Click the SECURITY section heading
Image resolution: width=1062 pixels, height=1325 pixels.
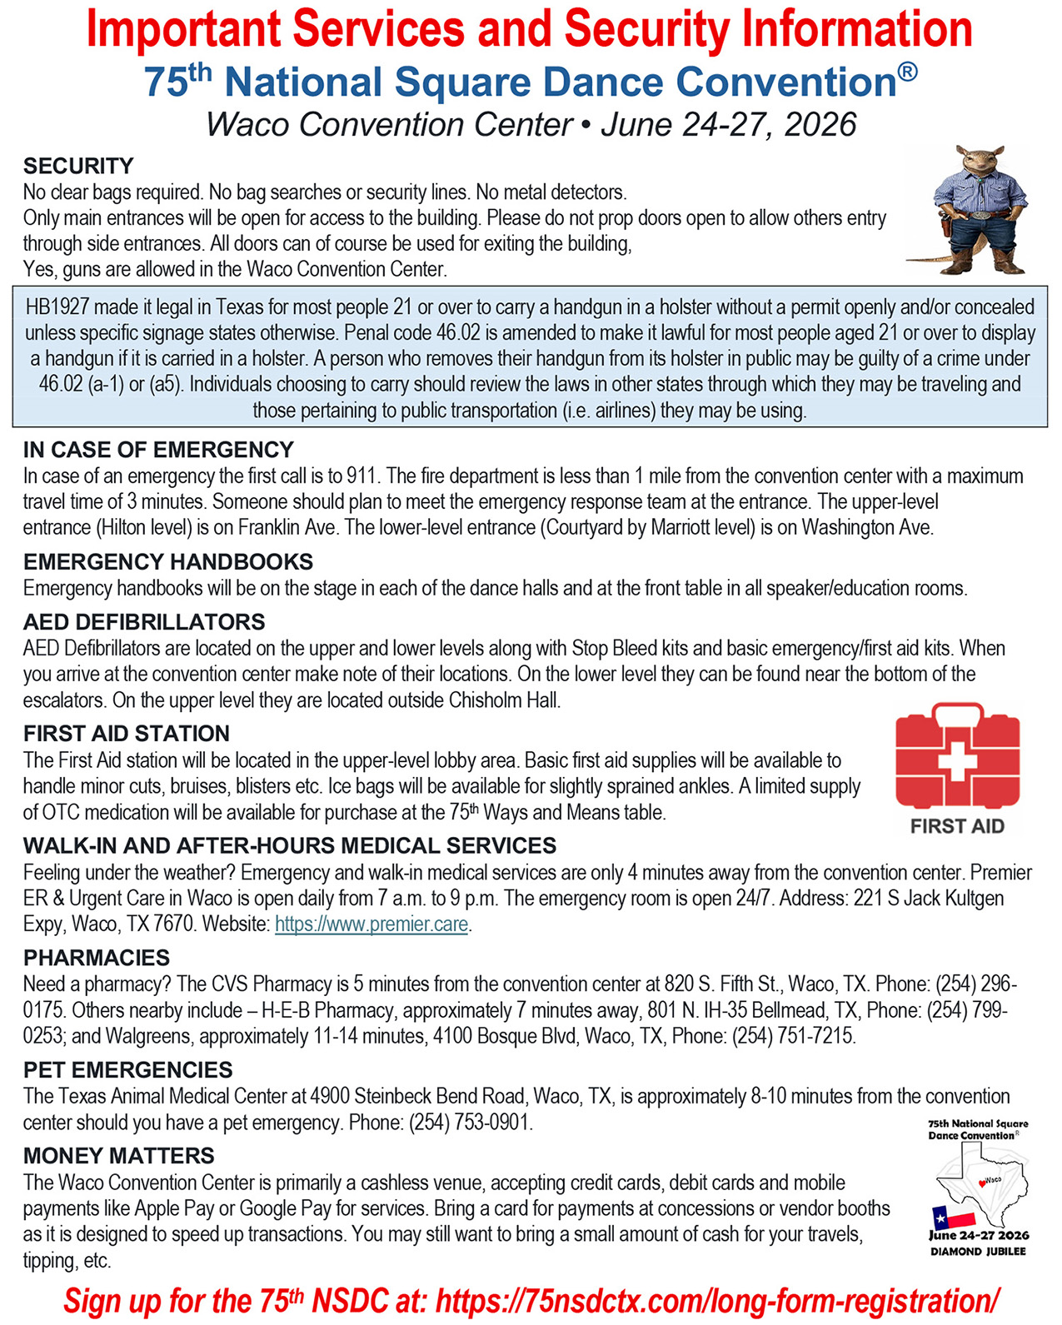coord(78,166)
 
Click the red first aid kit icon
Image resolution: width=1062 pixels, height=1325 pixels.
coord(957,755)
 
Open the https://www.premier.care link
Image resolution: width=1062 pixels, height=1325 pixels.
coord(371,924)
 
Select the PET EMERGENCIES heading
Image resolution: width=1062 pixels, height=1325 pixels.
coord(127,1070)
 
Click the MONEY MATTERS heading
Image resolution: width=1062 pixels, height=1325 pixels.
coord(118,1156)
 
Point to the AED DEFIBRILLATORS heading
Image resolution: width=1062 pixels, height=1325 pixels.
coord(144,622)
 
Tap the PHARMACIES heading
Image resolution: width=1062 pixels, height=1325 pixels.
coord(97,958)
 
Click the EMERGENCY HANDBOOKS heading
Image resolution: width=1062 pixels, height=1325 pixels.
coord(168,562)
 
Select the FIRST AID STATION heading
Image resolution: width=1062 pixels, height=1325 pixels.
coord(127,734)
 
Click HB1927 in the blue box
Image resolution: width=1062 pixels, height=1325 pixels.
coord(57,307)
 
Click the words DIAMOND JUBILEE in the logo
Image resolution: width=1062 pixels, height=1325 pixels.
coord(978,1252)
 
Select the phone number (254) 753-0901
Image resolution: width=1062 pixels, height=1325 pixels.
coord(469,1123)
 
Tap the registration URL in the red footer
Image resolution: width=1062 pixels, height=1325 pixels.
coord(717,1301)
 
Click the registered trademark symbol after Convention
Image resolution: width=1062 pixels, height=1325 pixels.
coord(909,72)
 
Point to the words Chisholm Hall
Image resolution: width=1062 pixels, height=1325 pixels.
coord(504,700)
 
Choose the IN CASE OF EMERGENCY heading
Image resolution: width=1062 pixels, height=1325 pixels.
coord(158,450)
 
